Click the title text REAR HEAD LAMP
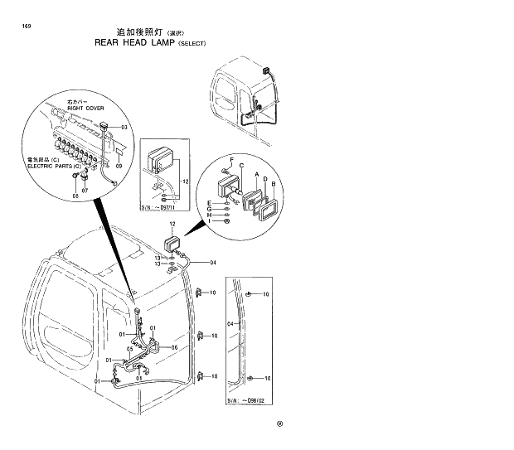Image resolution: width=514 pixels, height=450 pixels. point(134,42)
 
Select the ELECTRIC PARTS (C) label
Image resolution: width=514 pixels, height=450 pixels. point(56,166)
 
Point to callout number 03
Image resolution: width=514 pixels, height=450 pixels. point(124,127)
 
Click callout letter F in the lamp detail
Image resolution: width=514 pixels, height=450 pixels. point(232,157)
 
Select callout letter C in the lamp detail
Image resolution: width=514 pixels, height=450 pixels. point(241,167)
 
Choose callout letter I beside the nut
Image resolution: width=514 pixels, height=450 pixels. point(210,221)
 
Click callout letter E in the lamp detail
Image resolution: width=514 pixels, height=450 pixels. point(210,202)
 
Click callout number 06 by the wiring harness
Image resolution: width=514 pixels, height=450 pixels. point(175,347)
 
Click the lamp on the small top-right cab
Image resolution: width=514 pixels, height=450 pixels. point(268,71)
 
